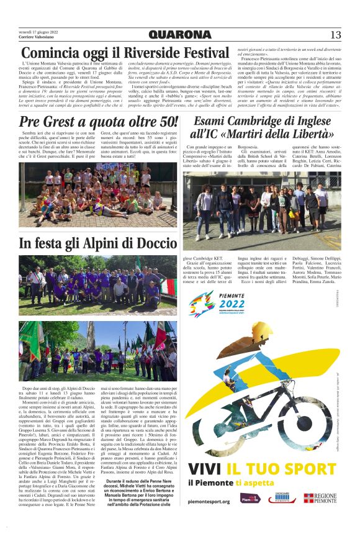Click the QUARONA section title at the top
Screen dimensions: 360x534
(179, 35)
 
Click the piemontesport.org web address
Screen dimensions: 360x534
(209, 501)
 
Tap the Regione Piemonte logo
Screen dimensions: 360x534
(320, 498)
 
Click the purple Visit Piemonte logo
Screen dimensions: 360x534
(249, 499)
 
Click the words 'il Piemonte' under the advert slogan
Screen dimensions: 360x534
(211, 483)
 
